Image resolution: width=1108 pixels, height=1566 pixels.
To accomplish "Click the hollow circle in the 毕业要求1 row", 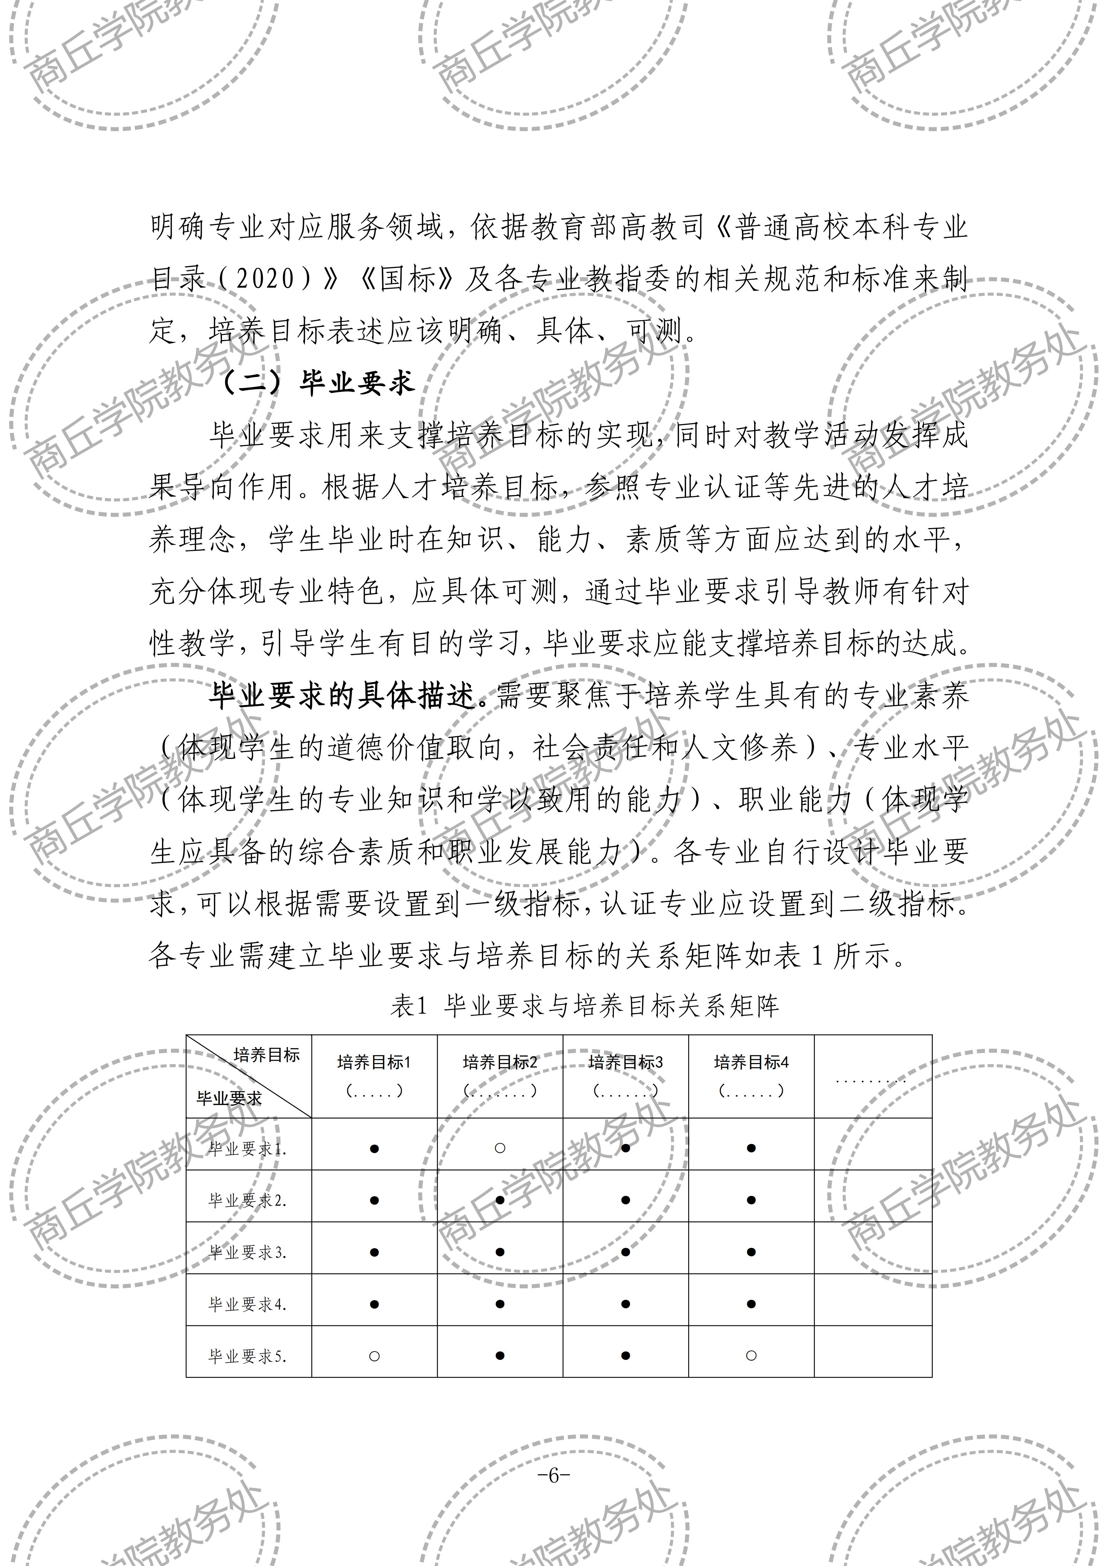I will [x=499, y=1148].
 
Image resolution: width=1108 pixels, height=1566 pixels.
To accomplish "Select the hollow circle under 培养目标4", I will [x=751, y=1355].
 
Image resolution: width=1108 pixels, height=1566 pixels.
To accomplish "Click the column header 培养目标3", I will [x=626, y=1062].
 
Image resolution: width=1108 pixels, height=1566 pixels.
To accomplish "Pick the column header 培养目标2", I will [x=500, y=1062].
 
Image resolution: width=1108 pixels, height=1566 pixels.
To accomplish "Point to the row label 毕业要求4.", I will [x=247, y=1304].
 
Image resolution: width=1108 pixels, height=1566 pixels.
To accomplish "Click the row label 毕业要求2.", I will [x=247, y=1200].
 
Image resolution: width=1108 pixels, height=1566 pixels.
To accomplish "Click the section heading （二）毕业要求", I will [x=318, y=383].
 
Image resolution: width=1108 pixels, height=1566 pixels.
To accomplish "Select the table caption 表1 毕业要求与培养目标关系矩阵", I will [x=585, y=1006].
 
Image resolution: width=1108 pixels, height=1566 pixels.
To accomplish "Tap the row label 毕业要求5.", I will [x=247, y=1356].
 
